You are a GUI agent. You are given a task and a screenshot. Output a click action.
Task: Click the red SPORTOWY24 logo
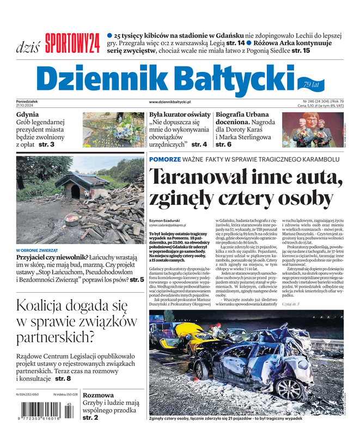click(72, 43)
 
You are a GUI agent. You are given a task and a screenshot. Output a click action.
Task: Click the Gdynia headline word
click(28, 115)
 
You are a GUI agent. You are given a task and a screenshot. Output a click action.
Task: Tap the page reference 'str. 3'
click(46, 144)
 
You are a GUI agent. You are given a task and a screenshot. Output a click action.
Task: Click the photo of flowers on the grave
click(113, 130)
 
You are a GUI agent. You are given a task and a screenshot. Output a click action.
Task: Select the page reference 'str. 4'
click(199, 144)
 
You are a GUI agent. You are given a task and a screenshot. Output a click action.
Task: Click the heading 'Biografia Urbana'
click(242, 115)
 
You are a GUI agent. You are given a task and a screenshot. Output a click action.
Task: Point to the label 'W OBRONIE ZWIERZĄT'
click(40, 250)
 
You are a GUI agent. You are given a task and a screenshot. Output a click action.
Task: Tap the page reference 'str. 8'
click(61, 378)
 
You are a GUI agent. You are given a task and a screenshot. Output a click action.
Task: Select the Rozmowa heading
click(98, 395)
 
